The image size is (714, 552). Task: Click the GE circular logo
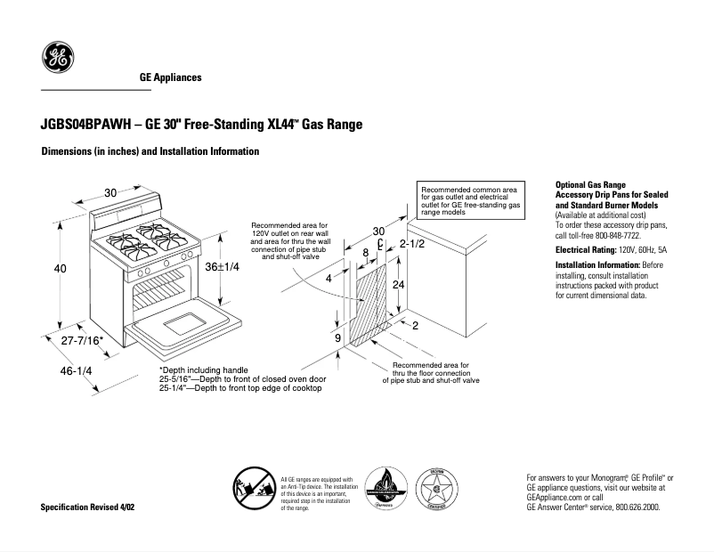coord(57,61)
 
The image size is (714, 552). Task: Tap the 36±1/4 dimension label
coord(223,267)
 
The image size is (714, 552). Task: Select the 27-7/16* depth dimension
coord(83,341)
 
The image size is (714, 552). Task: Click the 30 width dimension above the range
coord(110,193)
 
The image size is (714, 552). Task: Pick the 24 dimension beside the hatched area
coord(400,285)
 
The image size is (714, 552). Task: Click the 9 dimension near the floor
coord(337,338)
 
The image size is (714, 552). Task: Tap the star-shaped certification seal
coord(436,490)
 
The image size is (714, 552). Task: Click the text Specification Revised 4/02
coord(88,507)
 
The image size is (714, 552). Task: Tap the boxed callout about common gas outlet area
coord(469,202)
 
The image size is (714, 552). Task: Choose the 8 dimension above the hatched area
coord(365,253)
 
